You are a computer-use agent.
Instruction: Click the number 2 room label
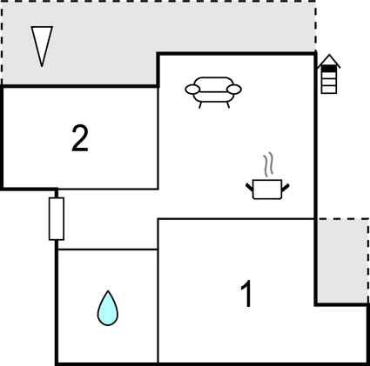pos(80,138)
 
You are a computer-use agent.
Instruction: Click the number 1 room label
pos(246,294)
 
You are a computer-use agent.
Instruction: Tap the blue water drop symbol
pos(108,309)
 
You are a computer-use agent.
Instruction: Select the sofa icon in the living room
pos(213,92)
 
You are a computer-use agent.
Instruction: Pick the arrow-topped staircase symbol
pos(329,74)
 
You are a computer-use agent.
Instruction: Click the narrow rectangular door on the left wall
pos(57,219)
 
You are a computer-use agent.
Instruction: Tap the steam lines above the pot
pos(268,164)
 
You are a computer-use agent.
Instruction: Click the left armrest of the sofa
pos(192,90)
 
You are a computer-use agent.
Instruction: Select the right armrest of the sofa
pos(234,90)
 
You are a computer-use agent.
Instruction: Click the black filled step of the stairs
pos(329,69)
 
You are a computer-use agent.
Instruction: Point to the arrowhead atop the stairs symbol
pos(329,60)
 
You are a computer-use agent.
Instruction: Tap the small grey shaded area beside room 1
pos(341,261)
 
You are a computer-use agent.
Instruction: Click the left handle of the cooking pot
pos(249,188)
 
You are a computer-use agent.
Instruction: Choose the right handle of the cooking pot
pos(286,188)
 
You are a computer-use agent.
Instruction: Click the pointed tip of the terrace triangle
pos(42,67)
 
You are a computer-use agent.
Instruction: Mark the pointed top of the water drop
pos(108,291)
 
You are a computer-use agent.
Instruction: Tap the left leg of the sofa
pos(200,105)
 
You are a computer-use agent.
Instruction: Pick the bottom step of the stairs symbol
pos(329,90)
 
